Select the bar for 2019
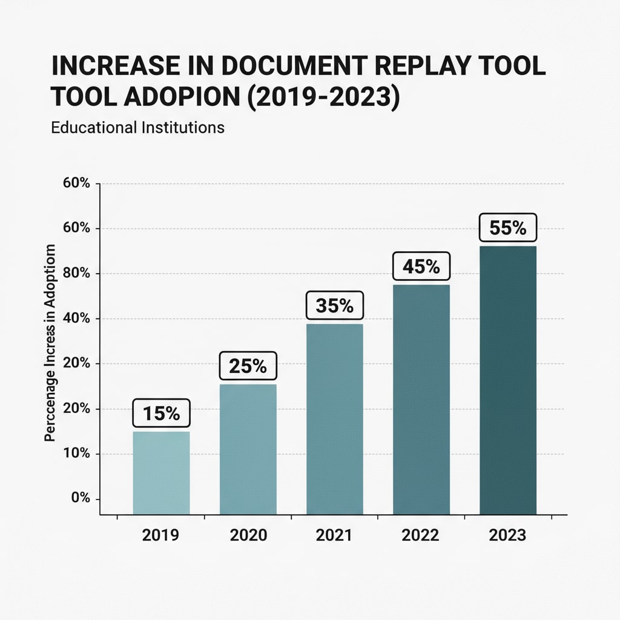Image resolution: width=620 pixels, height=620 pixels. point(161,472)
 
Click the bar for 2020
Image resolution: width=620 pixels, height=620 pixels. point(248,449)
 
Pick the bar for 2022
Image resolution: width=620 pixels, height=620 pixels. point(421,399)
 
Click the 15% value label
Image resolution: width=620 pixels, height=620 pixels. point(161,414)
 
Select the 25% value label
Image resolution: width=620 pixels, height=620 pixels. point(248,366)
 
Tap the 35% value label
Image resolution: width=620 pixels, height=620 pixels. point(334,306)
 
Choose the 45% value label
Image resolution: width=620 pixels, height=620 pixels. point(421,266)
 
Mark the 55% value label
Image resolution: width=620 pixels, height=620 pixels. point(507,228)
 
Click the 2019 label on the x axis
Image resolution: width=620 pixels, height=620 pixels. point(161,536)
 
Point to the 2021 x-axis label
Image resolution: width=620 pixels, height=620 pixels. point(334,536)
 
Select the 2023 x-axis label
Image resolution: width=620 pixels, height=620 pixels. point(507,536)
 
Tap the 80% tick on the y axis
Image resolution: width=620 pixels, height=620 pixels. point(76,273)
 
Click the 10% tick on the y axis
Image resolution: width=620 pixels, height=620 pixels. point(76,453)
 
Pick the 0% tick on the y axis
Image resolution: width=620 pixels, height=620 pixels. point(80,498)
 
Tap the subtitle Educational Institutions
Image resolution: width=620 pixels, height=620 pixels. point(138,128)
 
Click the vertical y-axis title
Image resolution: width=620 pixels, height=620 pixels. point(51,343)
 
